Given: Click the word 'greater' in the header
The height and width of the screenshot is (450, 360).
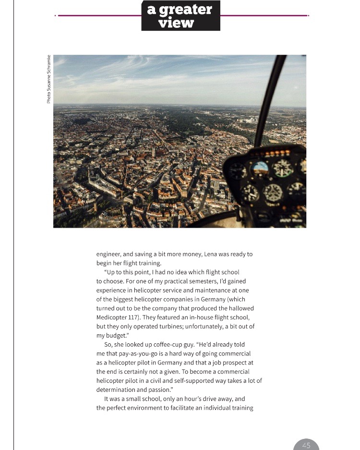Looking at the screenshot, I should coord(186,10).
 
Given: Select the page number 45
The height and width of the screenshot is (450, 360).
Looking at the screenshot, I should coord(306,446).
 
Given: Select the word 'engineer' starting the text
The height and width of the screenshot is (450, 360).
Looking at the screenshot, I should coord(108,254).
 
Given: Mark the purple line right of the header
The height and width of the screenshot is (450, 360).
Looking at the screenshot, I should coord(264,15).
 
